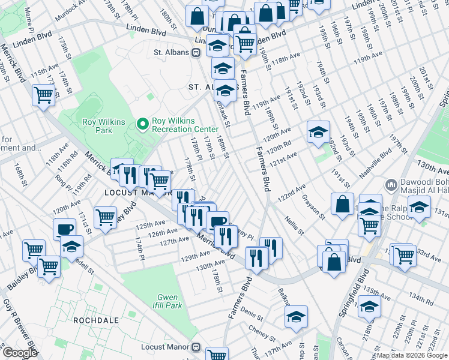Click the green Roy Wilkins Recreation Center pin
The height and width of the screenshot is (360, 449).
(143, 124)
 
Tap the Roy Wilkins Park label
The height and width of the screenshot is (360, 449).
(104, 126)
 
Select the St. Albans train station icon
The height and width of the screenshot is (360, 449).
(196, 53)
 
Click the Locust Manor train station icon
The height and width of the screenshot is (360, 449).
(196, 347)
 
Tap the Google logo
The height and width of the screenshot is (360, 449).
(20, 353)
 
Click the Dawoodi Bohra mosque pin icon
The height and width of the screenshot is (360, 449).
(390, 184)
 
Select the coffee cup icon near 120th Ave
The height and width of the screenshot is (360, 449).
(64, 229)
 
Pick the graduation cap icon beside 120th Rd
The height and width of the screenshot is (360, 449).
(318, 131)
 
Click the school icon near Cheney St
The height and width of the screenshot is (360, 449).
(296, 317)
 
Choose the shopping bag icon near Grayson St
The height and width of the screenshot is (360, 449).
(342, 204)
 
